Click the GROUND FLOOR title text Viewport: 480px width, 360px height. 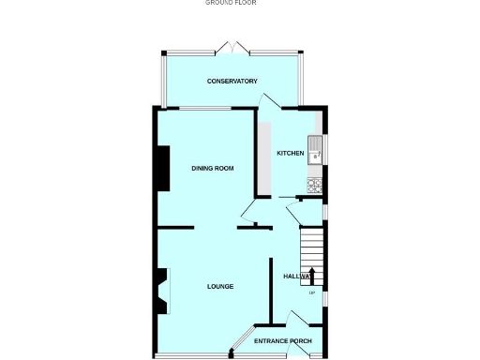click(x=231, y=3)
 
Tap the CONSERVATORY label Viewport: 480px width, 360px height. click(x=232, y=82)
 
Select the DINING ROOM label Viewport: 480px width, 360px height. click(x=212, y=169)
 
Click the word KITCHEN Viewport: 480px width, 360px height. click(x=290, y=153)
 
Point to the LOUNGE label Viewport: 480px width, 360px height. click(x=220, y=286)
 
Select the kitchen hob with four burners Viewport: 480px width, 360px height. click(x=315, y=182)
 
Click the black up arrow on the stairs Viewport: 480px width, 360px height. click(x=312, y=276)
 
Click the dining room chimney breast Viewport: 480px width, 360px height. click(x=163, y=169)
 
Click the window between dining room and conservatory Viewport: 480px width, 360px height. click(x=205, y=109)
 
